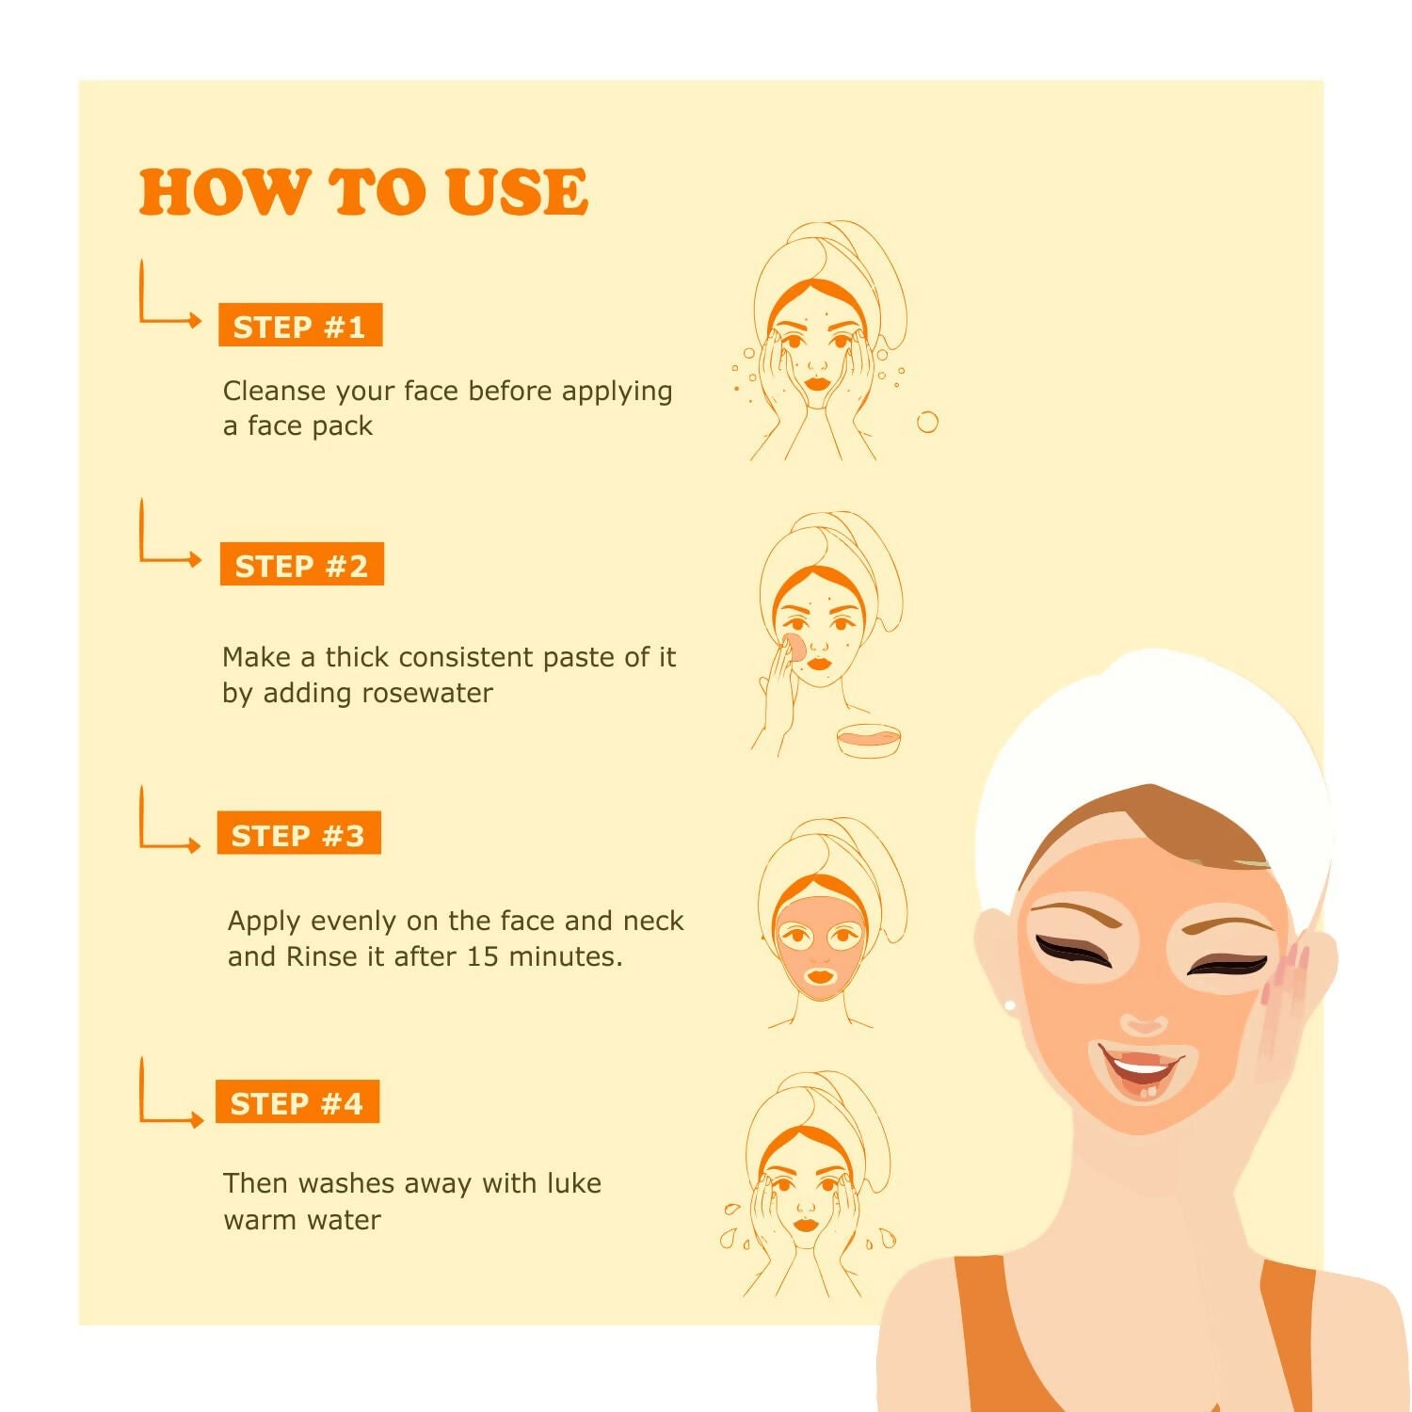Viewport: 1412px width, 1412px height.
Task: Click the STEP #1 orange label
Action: tap(300, 326)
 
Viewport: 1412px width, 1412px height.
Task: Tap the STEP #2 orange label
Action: tap(302, 565)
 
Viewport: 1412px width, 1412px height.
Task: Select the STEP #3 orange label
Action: tap(298, 834)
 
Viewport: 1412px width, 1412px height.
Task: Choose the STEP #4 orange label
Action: tap(297, 1102)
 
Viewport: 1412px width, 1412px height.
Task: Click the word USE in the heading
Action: tap(517, 192)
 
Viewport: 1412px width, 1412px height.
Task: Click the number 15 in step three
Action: tap(482, 956)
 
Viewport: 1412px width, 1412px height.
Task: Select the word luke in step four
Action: tap(572, 1182)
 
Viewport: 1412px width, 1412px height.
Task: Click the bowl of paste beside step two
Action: tap(869, 740)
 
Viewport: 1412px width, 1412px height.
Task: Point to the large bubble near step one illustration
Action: tap(927, 422)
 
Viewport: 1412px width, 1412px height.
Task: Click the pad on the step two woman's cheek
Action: tap(794, 648)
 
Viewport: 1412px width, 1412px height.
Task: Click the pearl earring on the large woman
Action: tap(1011, 1006)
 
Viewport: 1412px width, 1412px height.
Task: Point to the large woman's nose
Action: tap(1145, 1021)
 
